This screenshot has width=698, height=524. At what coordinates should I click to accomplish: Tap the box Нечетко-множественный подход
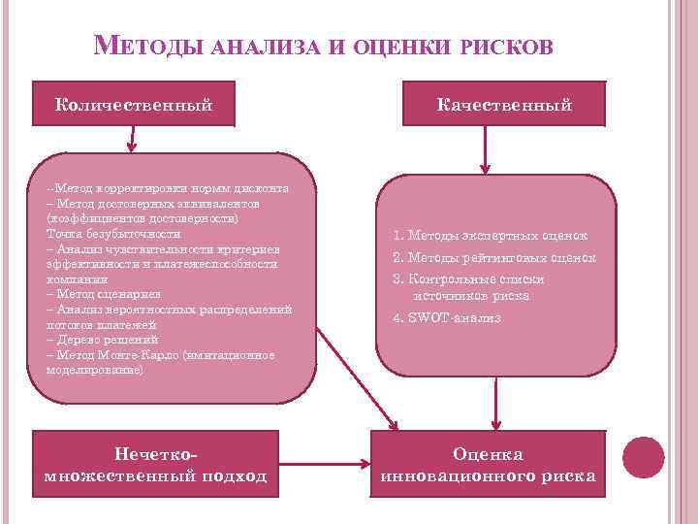point(156,465)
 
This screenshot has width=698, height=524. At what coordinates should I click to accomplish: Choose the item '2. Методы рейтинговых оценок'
point(493,257)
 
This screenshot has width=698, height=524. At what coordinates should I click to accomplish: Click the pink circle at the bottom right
point(643,455)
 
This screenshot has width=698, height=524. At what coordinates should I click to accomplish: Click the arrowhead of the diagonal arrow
point(392,423)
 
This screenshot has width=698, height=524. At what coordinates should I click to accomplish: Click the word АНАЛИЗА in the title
point(263,47)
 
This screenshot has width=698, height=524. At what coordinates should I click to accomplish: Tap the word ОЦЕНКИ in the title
point(396,47)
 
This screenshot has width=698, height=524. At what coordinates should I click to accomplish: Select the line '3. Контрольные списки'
point(468,278)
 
